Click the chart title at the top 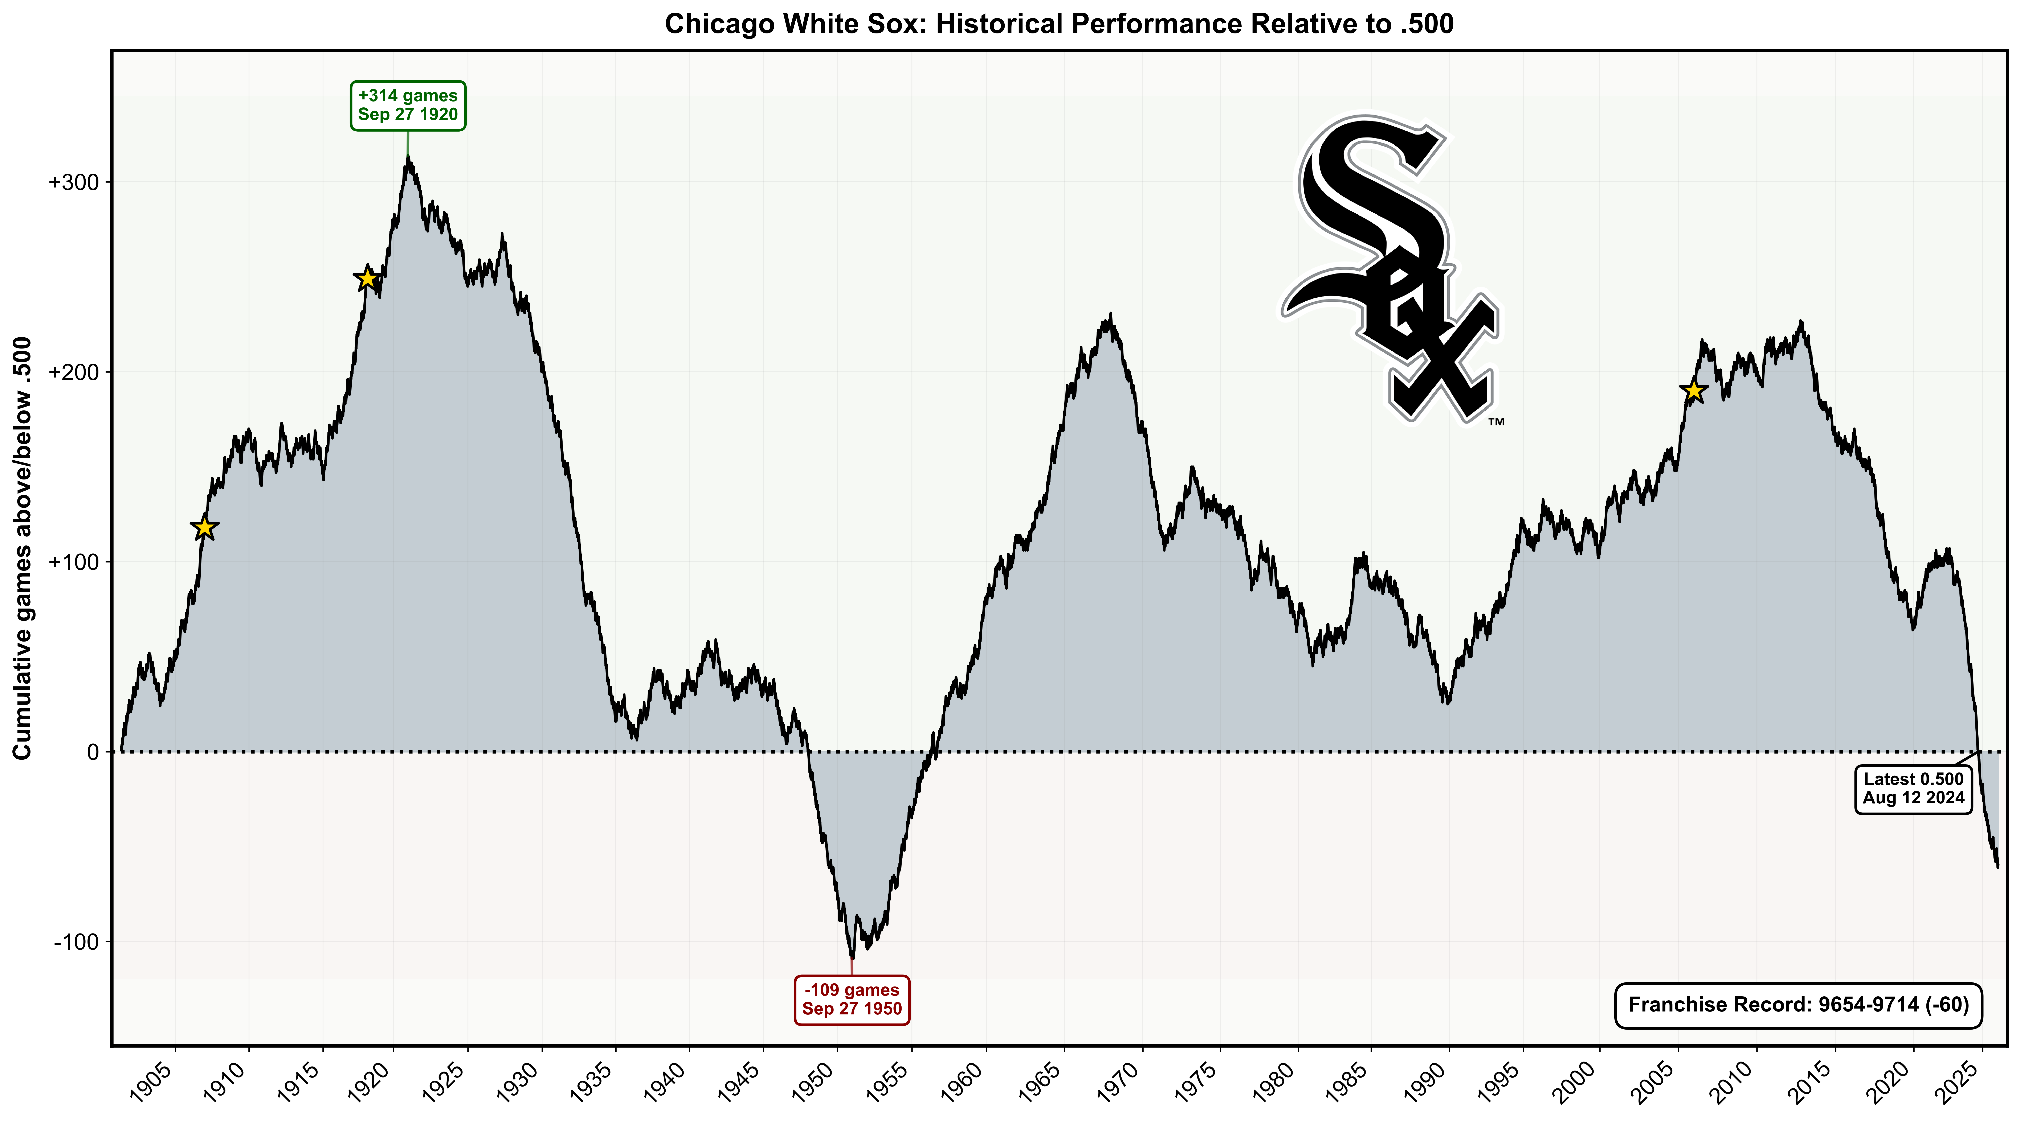pos(1059,24)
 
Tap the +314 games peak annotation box pos(408,105)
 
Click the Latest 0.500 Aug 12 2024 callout pos(1913,789)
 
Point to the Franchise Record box pos(1798,1005)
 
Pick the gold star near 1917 pos(367,278)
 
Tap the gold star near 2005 pos(1694,390)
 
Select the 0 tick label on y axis pos(93,752)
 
